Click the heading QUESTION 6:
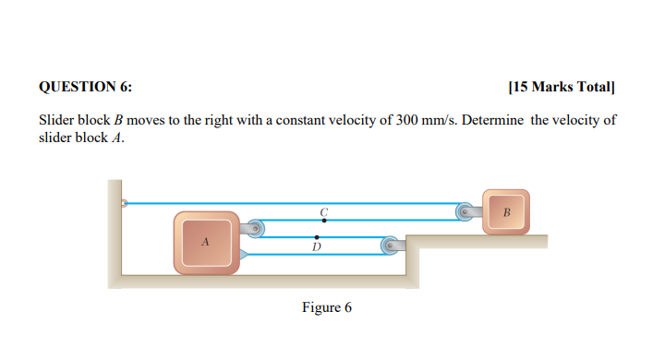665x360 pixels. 85,88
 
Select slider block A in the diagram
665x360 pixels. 206,242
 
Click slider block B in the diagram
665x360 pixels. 505,211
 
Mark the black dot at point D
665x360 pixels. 317,237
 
